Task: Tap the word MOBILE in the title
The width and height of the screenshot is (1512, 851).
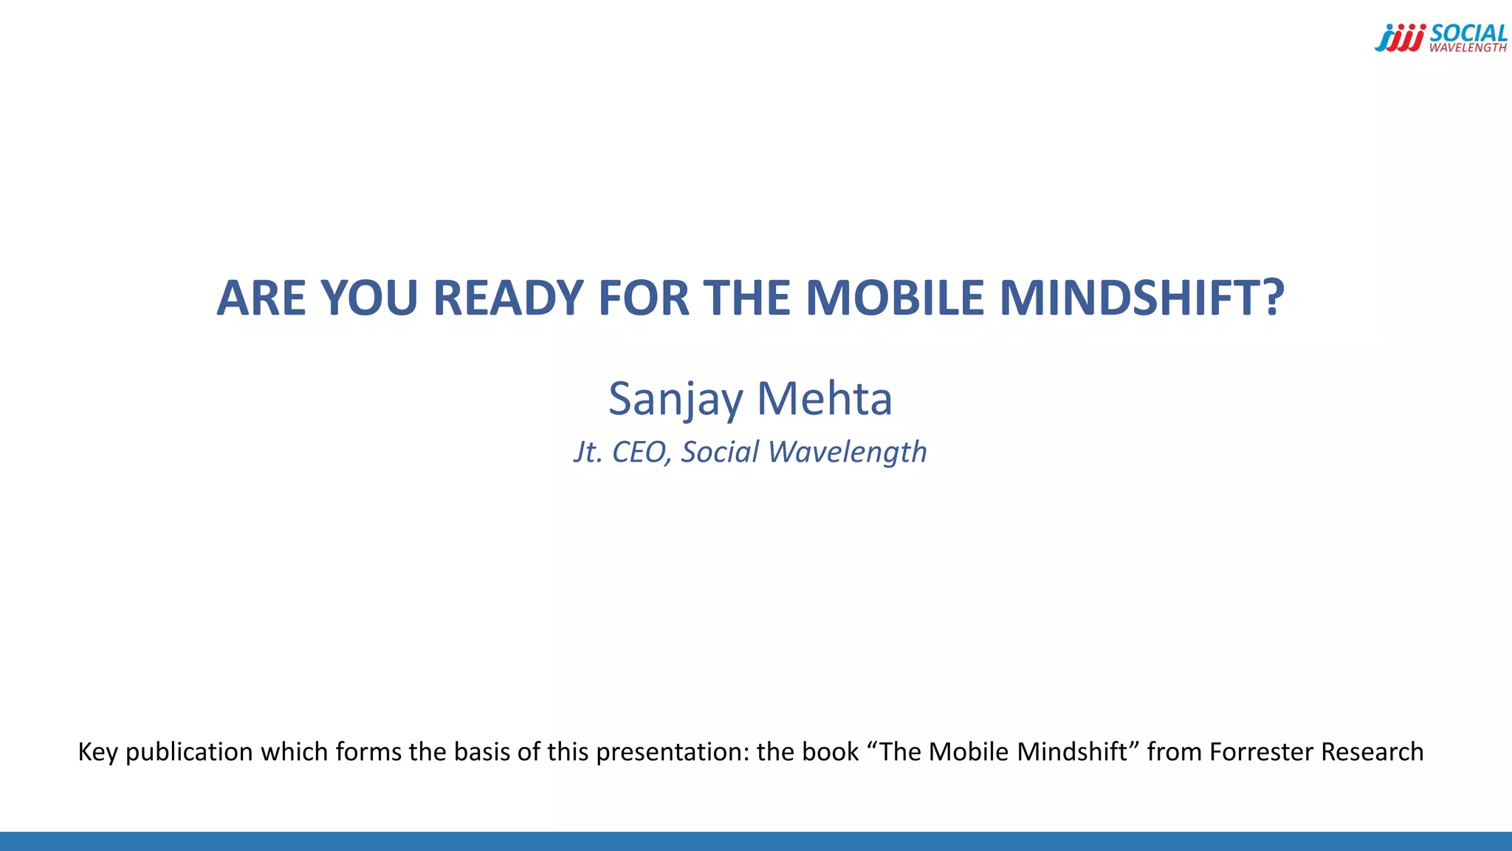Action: [x=895, y=298]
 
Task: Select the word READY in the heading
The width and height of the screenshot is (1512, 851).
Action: [x=509, y=298]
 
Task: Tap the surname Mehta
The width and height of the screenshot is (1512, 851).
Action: [x=825, y=400]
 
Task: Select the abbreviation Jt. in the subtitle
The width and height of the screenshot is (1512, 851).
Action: [x=588, y=452]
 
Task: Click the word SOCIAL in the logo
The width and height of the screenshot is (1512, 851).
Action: [x=1468, y=33]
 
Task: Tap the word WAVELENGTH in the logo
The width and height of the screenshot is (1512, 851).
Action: [x=1468, y=48]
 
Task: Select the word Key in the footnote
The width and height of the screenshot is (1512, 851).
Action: [x=97, y=752]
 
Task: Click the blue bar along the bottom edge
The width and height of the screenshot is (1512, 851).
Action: [x=756, y=841]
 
